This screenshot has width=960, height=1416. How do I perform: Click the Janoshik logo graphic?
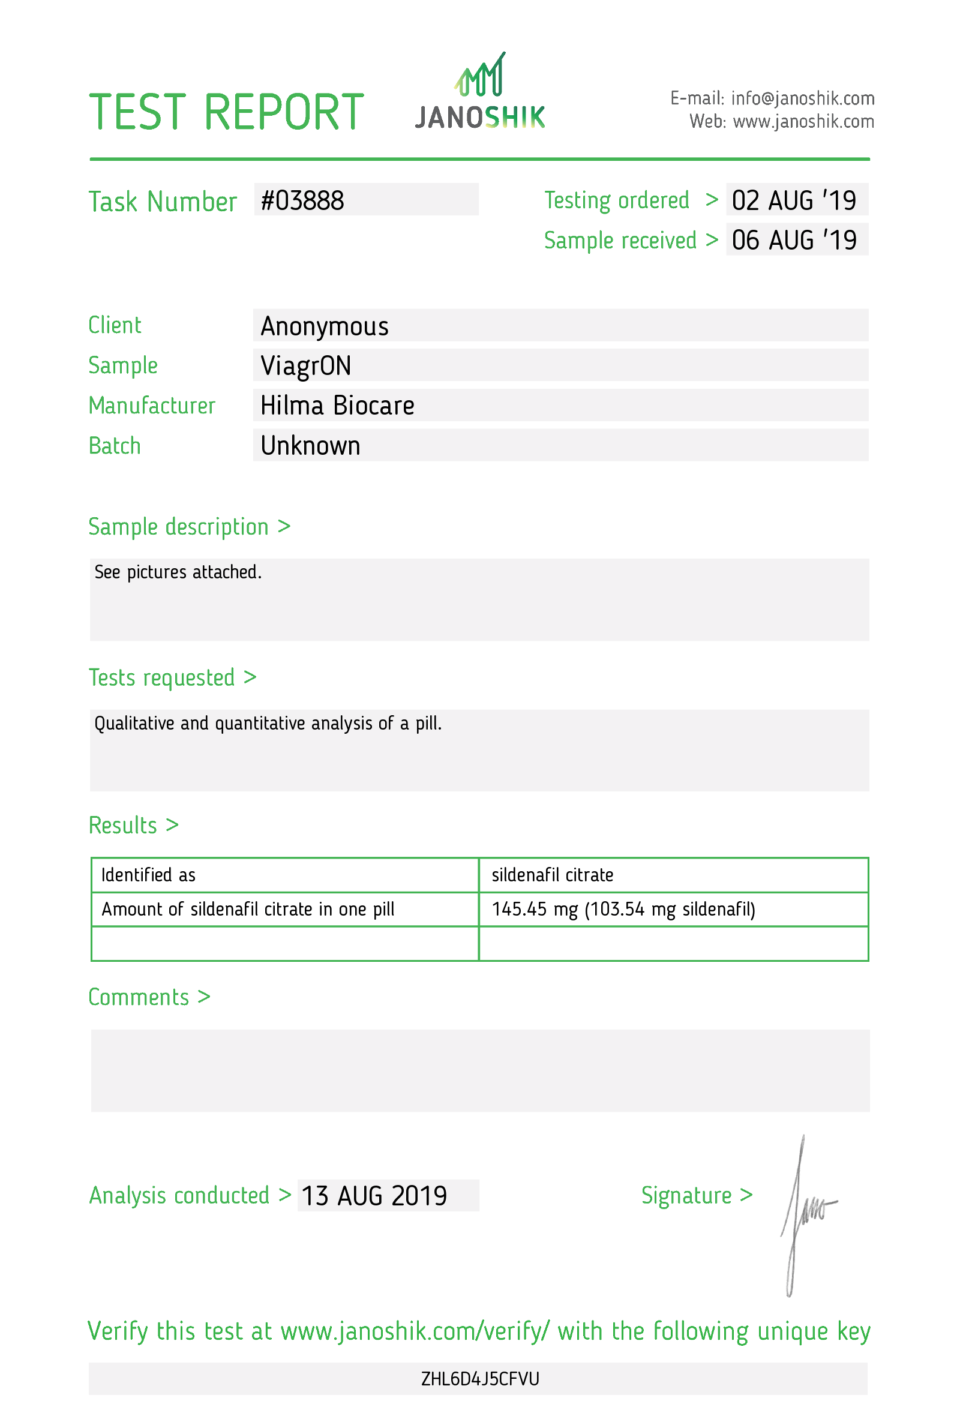click(480, 91)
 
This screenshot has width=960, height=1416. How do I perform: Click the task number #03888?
click(302, 201)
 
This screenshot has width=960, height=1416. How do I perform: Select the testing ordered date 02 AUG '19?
click(794, 201)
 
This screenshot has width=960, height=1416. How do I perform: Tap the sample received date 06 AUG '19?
click(794, 241)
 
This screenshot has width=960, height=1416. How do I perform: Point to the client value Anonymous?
click(324, 326)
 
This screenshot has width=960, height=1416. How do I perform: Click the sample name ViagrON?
click(306, 366)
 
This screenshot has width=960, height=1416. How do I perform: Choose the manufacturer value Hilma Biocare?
click(337, 406)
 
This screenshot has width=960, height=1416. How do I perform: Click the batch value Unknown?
click(310, 446)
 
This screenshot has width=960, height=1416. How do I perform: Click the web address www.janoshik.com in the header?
click(803, 122)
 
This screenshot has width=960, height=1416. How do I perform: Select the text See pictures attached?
click(178, 572)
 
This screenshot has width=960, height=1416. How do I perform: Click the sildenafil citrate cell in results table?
click(552, 875)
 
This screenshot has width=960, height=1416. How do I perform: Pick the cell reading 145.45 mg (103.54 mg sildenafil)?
click(623, 910)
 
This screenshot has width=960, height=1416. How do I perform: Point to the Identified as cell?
click(148, 875)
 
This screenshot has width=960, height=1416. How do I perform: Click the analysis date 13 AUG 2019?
click(374, 1196)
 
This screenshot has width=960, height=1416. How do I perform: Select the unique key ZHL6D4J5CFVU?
click(480, 1379)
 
